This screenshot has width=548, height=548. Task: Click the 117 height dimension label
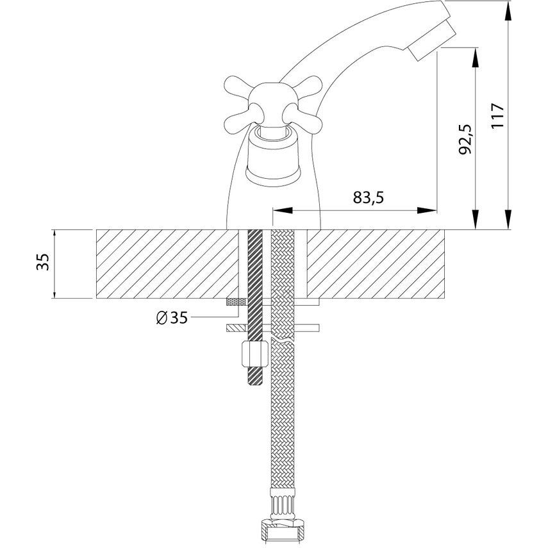pyautogui.click(x=497, y=115)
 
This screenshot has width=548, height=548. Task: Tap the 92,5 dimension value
pyautogui.click(x=465, y=139)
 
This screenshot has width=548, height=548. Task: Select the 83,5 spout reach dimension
pyautogui.click(x=368, y=198)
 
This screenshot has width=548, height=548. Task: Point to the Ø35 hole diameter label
pyautogui.click(x=172, y=318)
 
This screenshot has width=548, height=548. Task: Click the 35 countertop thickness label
pyautogui.click(x=43, y=262)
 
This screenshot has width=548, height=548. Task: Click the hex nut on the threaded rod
pyautogui.click(x=255, y=354)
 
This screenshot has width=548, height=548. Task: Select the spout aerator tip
pyautogui.click(x=433, y=39)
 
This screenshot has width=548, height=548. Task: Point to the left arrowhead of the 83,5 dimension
pyautogui.click(x=282, y=210)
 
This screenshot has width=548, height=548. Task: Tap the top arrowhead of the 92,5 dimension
pyautogui.click(x=476, y=58)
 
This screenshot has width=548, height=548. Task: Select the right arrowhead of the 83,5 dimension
pyautogui.click(x=427, y=210)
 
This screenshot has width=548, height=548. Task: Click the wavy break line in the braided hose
pyautogui.click(x=283, y=340)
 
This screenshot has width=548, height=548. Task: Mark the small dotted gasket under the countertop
pyautogui.click(x=237, y=302)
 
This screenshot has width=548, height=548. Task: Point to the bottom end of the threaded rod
pyautogui.click(x=254, y=385)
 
